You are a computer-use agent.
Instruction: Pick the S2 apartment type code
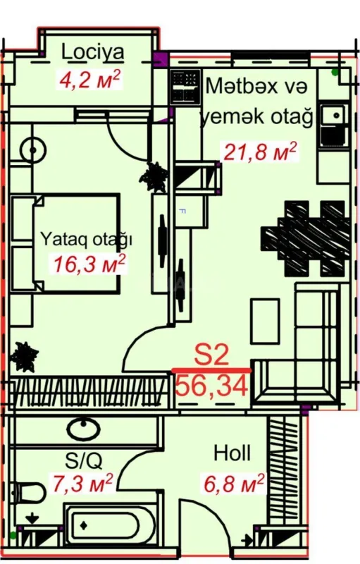pos(212,355)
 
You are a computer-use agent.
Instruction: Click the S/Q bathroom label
pos(84,461)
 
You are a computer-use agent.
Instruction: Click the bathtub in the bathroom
pos(106,525)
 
